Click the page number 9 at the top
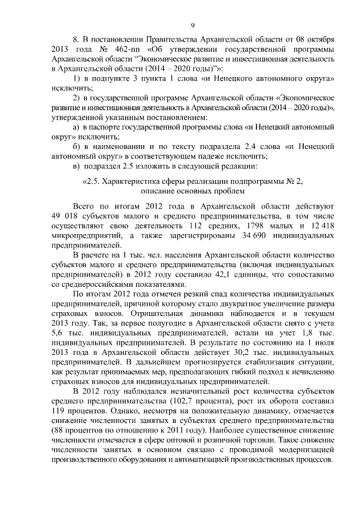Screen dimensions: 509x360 point(192,25)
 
